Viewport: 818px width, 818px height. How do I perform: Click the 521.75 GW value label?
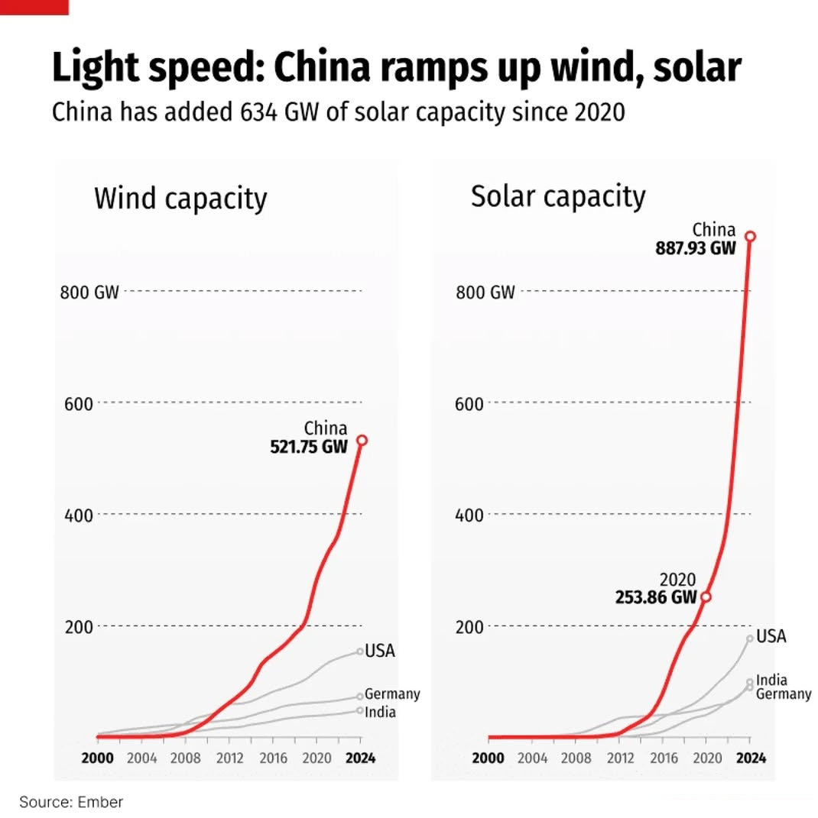(x=308, y=447)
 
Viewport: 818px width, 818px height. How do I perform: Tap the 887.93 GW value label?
(x=695, y=247)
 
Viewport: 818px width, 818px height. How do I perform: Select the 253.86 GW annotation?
(x=656, y=597)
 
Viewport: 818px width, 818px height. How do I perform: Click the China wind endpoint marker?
(x=362, y=440)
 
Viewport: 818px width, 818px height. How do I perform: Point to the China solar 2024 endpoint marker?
(x=750, y=236)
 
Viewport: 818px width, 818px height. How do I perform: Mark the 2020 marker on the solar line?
(x=706, y=597)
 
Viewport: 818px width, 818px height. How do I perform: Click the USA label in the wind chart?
(x=380, y=651)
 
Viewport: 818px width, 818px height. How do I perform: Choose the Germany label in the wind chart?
(x=392, y=694)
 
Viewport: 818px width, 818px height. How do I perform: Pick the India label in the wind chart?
(x=380, y=712)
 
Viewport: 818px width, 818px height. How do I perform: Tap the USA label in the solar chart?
(x=771, y=636)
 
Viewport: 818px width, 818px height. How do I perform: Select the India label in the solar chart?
(x=771, y=680)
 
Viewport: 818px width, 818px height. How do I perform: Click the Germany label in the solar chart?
(x=784, y=694)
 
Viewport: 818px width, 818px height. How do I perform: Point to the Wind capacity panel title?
(x=180, y=199)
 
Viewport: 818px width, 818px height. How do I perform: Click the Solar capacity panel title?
(x=558, y=197)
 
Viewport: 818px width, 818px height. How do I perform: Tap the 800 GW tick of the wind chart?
(x=89, y=292)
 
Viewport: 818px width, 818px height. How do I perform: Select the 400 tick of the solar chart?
(x=469, y=515)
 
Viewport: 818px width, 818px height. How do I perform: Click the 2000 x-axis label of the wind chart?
(x=98, y=758)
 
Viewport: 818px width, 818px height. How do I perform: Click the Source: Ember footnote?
(x=71, y=802)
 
